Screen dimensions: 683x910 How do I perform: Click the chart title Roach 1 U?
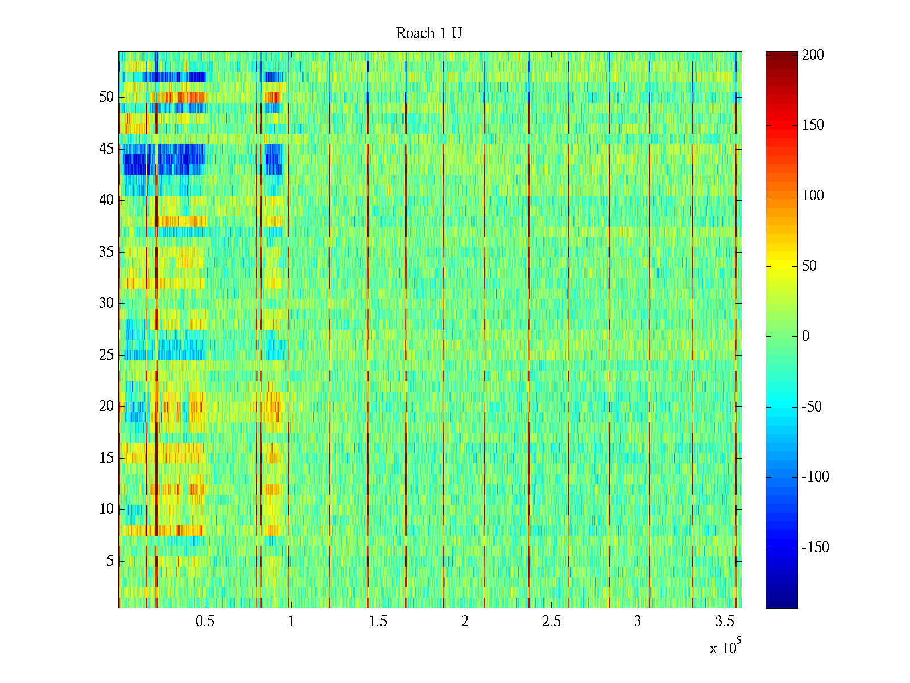pyautogui.click(x=428, y=34)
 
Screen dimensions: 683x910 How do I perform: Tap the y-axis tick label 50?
pyautogui.click(x=106, y=97)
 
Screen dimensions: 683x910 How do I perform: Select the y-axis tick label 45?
pyautogui.click(x=106, y=149)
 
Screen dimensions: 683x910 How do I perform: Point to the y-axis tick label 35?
pyautogui.click(x=106, y=252)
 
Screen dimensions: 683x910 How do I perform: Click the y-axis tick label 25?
pyautogui.click(x=106, y=355)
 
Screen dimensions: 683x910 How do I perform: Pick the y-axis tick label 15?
pyautogui.click(x=106, y=458)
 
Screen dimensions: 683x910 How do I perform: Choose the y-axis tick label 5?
pyautogui.click(x=110, y=561)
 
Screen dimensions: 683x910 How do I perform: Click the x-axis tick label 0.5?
pyautogui.click(x=205, y=622)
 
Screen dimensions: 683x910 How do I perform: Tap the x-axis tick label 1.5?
pyautogui.click(x=378, y=622)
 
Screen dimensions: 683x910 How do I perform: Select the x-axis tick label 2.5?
pyautogui.click(x=551, y=622)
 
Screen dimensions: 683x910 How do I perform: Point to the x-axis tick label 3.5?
pyautogui.click(x=724, y=622)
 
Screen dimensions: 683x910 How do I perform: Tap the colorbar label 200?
pyautogui.click(x=813, y=55)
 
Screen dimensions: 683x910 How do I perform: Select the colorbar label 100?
pyautogui.click(x=813, y=196)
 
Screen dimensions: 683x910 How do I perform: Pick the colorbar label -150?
pyautogui.click(x=815, y=548)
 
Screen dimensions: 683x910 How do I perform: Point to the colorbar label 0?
pyautogui.click(x=805, y=336)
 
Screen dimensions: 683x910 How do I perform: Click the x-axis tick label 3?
pyautogui.click(x=638, y=622)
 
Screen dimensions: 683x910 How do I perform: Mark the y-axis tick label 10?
pyautogui.click(x=106, y=509)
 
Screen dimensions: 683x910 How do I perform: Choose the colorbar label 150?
pyautogui.click(x=813, y=125)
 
